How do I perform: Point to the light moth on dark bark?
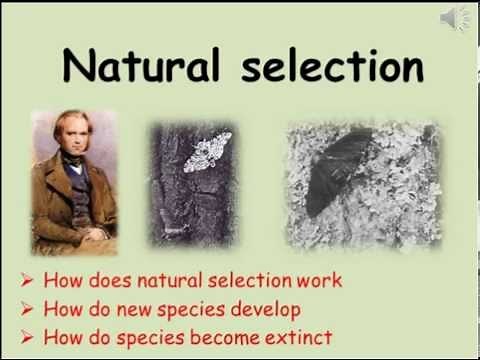click(207, 152)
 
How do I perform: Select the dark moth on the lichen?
click(340, 170)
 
